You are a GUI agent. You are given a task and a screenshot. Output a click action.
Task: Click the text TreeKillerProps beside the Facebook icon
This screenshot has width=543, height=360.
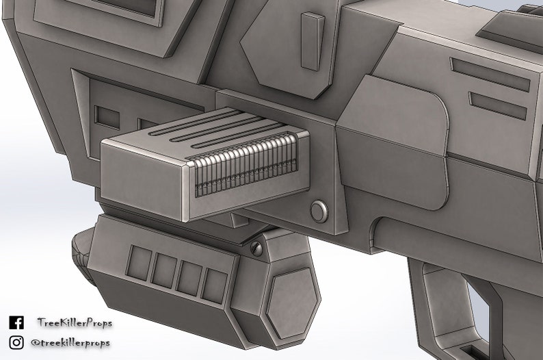tap(75, 323)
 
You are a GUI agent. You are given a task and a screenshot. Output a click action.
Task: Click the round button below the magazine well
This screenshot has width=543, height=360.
tap(319, 211)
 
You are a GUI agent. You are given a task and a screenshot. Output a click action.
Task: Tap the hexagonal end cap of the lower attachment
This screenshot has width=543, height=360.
tap(292, 302)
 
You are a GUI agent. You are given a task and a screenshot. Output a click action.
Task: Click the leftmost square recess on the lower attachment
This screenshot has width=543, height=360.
tap(140, 263)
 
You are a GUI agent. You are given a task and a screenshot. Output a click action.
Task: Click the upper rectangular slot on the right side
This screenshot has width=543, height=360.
tap(490, 75)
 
